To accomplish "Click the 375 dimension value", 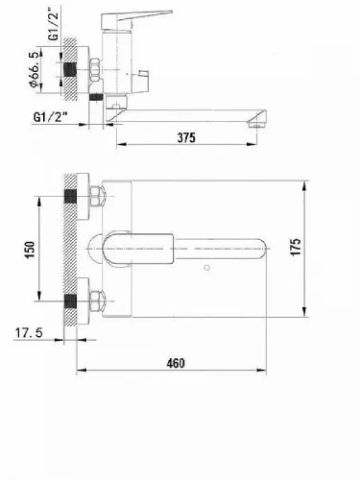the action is [186, 137].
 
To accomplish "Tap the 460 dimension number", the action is [176, 363].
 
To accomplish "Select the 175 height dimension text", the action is [296, 247].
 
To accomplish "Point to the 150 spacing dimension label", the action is [30, 251].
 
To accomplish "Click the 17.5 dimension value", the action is [29, 333].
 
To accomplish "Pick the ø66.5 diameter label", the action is [36, 69].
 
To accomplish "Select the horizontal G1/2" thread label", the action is [50, 117].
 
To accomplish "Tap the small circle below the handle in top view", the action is [207, 267].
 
